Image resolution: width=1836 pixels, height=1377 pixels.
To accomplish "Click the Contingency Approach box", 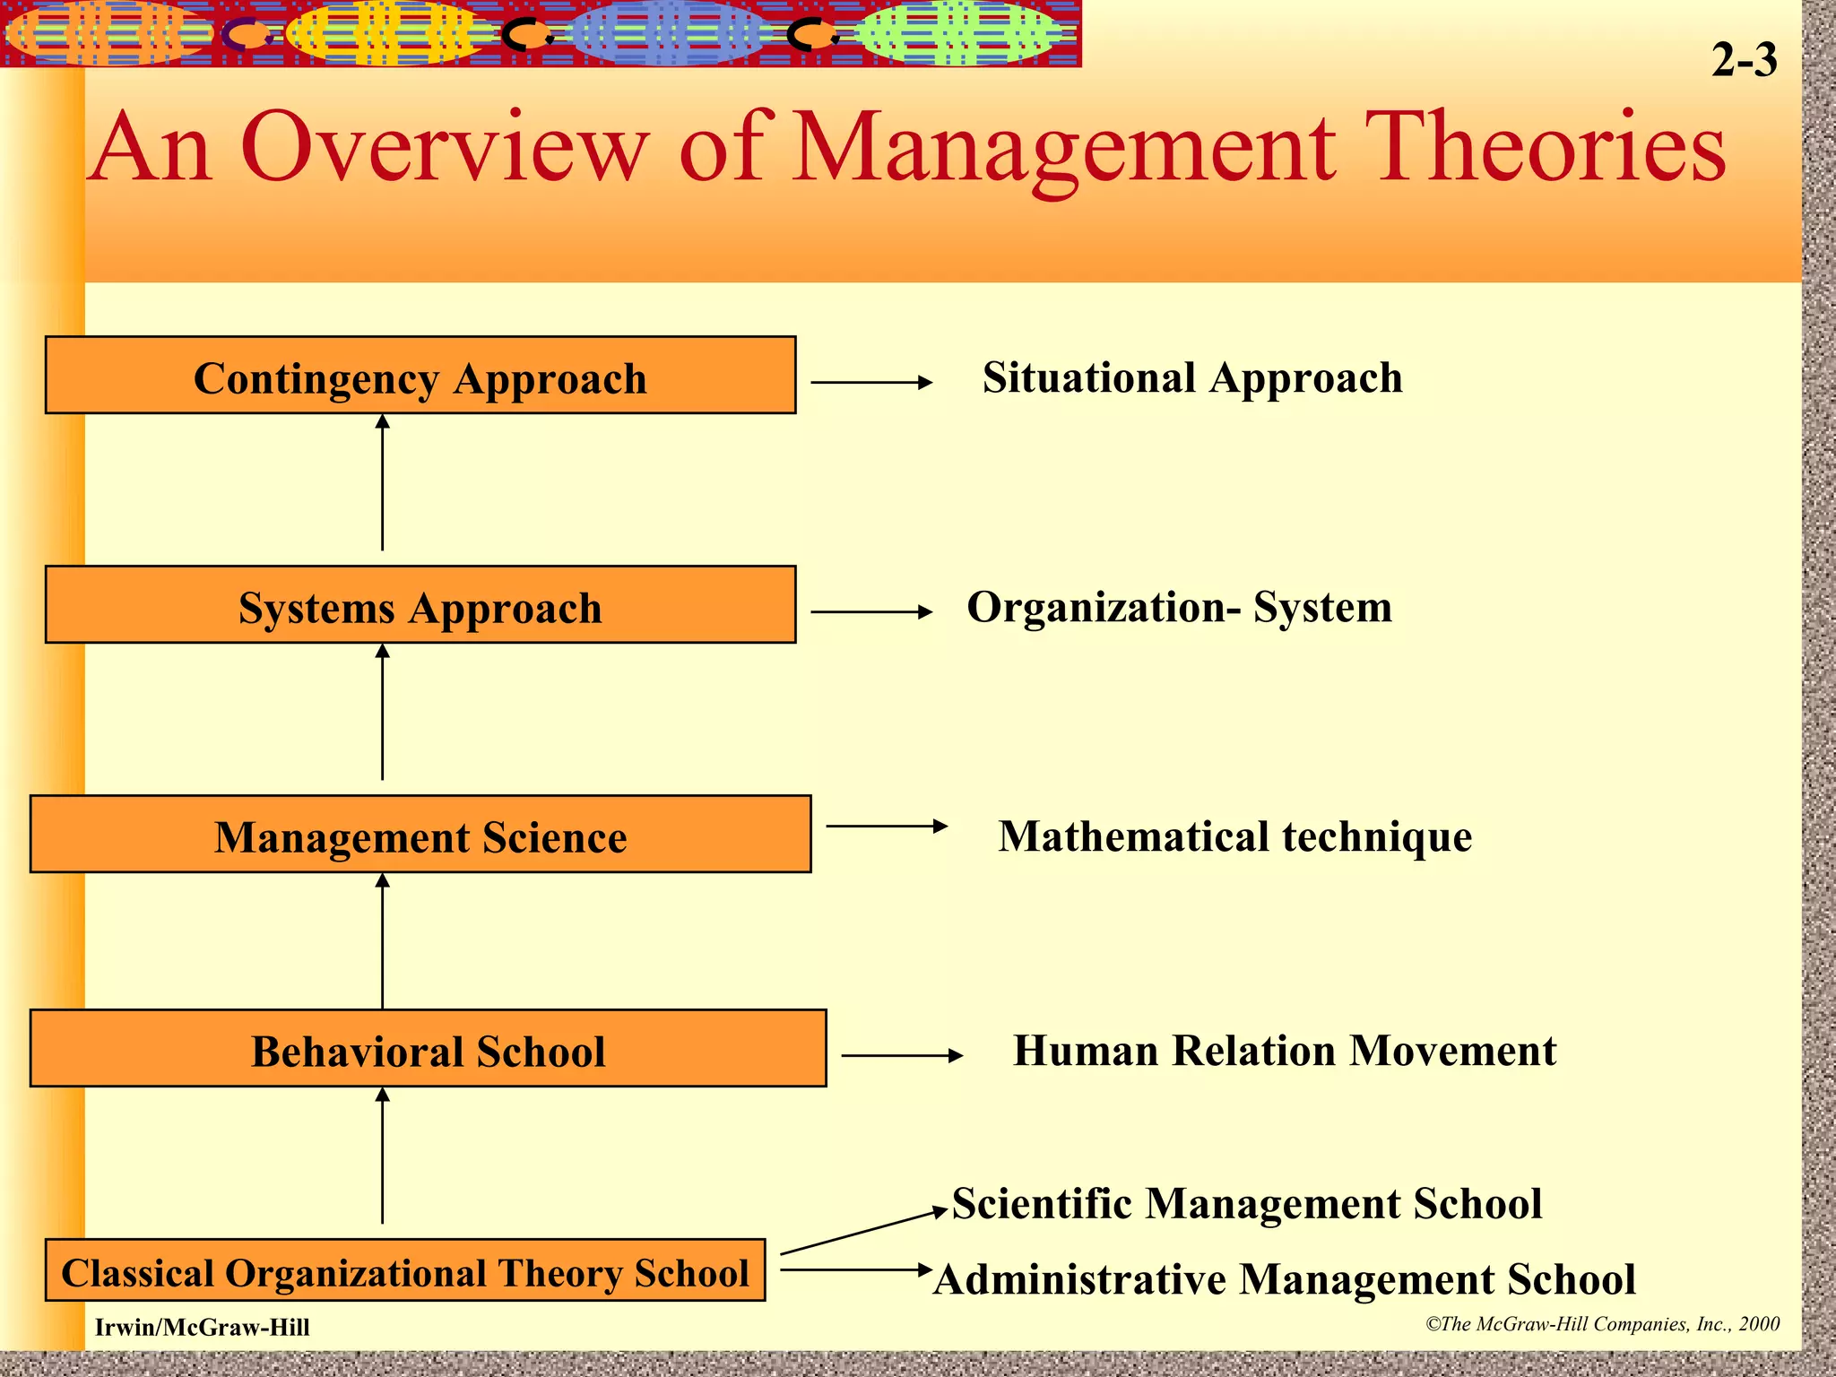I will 420,376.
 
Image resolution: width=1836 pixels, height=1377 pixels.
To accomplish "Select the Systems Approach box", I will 420,605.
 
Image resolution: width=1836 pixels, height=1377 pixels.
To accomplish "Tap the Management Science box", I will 420,835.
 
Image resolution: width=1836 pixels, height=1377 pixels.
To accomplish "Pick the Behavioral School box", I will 428,1049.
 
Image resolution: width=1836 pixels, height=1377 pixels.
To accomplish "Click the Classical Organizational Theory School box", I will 404,1270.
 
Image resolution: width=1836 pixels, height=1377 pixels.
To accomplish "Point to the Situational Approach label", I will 1191,377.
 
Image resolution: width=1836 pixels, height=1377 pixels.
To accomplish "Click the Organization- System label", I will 1179,607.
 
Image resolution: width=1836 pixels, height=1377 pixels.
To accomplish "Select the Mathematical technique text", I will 1234,836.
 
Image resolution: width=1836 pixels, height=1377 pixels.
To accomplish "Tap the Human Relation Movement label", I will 1284,1051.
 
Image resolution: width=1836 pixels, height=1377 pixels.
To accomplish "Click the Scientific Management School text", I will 1246,1203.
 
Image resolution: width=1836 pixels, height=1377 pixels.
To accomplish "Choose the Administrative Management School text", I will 1284,1279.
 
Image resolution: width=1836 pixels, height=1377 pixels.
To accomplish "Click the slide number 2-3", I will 1744,60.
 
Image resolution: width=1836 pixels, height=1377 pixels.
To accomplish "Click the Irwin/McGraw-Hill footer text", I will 203,1328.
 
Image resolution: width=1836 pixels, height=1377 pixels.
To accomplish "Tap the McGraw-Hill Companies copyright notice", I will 1602,1324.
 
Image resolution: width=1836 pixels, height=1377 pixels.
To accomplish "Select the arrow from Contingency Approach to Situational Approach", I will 870,383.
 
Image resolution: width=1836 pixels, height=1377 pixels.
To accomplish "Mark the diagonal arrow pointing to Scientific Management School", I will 862,1232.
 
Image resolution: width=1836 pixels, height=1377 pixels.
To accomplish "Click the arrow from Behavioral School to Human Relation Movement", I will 901,1056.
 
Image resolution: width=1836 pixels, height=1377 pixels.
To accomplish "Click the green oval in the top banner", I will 957,34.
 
